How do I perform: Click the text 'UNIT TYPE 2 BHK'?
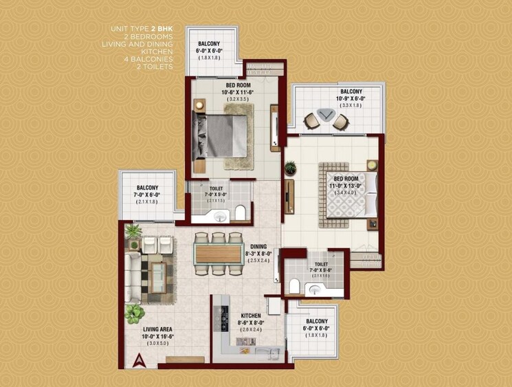click(x=142, y=29)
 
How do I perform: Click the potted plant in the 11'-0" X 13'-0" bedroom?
click(x=290, y=167)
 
